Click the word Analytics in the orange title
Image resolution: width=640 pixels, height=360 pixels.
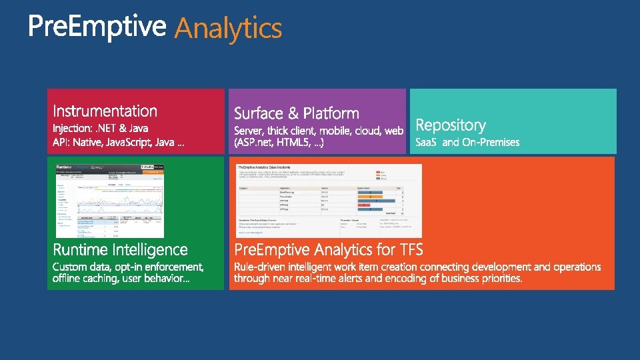tap(228, 29)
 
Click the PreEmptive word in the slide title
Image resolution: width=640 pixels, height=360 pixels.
tap(97, 27)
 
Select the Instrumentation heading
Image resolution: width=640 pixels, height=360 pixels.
tap(105, 111)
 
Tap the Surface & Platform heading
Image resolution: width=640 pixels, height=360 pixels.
tap(297, 113)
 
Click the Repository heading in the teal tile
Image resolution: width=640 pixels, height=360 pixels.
tap(451, 125)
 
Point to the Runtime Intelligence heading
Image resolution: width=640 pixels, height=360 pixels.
tap(120, 250)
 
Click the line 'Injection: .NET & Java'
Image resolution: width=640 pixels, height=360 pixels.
tap(101, 128)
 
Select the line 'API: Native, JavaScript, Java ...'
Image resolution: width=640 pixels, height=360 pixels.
tap(119, 143)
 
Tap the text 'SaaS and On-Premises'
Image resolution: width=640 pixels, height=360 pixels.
tap(467, 142)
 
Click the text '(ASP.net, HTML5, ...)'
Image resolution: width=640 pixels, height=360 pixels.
tap(279, 143)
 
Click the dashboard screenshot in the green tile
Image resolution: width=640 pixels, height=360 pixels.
tap(109, 200)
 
